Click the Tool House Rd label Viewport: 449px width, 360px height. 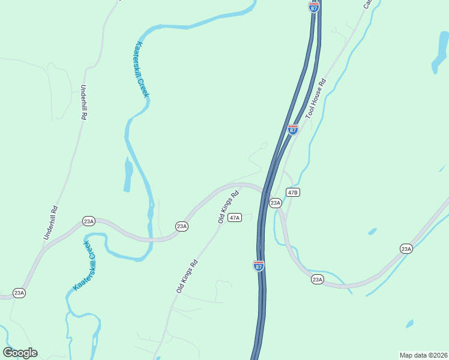click(316, 98)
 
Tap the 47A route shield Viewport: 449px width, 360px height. click(235, 217)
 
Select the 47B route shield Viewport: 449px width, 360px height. click(292, 193)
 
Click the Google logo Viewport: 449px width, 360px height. click(20, 352)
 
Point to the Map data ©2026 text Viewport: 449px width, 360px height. click(423, 355)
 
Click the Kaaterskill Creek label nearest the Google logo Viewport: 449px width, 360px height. click(85, 266)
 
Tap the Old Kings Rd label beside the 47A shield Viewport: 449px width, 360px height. click(229, 207)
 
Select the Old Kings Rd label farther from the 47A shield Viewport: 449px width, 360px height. click(187, 276)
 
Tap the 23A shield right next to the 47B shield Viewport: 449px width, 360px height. click(275, 203)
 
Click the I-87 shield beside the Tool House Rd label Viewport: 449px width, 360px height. click(292, 130)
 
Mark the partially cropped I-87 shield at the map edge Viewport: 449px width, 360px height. click(314, 6)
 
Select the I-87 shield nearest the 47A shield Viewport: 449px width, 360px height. click(258, 266)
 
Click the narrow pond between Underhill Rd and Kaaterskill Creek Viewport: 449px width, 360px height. click(128, 175)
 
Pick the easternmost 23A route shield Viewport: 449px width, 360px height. click(406, 248)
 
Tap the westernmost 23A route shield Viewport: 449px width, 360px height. click(19, 293)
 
